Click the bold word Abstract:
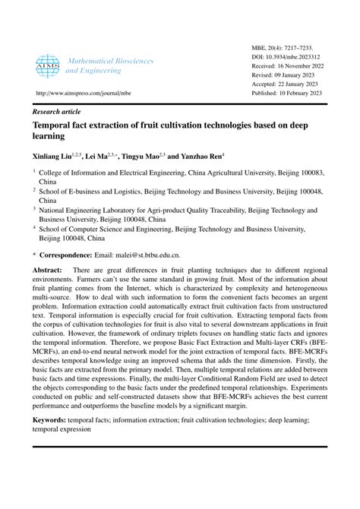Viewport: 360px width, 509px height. pos(47,270)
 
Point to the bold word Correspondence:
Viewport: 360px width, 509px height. pos(74,256)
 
